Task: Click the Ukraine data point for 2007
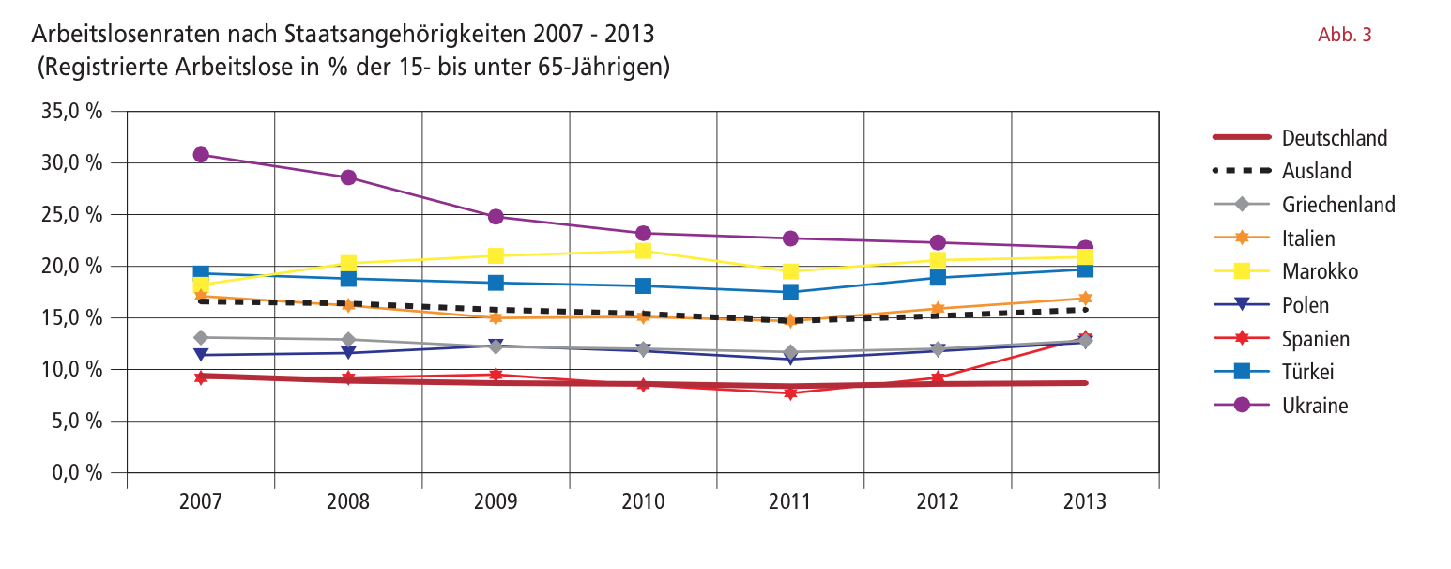(x=201, y=155)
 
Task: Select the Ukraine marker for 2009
(x=496, y=217)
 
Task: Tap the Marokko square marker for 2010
(x=643, y=251)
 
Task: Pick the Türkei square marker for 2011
(x=790, y=292)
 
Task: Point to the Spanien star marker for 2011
(x=790, y=393)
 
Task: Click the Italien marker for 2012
(x=938, y=308)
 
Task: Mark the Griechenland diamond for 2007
(x=201, y=337)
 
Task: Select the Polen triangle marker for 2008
(x=348, y=353)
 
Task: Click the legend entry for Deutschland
(x=1334, y=138)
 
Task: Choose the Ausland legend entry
(x=1317, y=171)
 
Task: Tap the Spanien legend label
(x=1316, y=339)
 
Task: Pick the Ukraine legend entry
(x=1315, y=407)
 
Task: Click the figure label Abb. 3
(x=1345, y=36)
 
